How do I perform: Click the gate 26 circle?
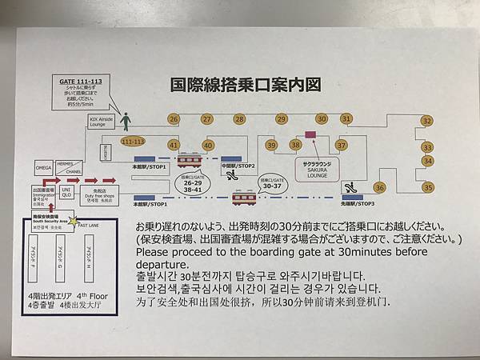pos(173,119)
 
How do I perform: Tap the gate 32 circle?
pos(426,121)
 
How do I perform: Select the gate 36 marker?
pos(380,187)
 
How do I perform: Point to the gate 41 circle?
pos(173,146)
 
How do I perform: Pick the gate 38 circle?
pos(296,145)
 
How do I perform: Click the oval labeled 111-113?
pos(133,142)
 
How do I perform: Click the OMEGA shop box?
pos(44,169)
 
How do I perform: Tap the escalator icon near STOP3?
pos(349,187)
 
